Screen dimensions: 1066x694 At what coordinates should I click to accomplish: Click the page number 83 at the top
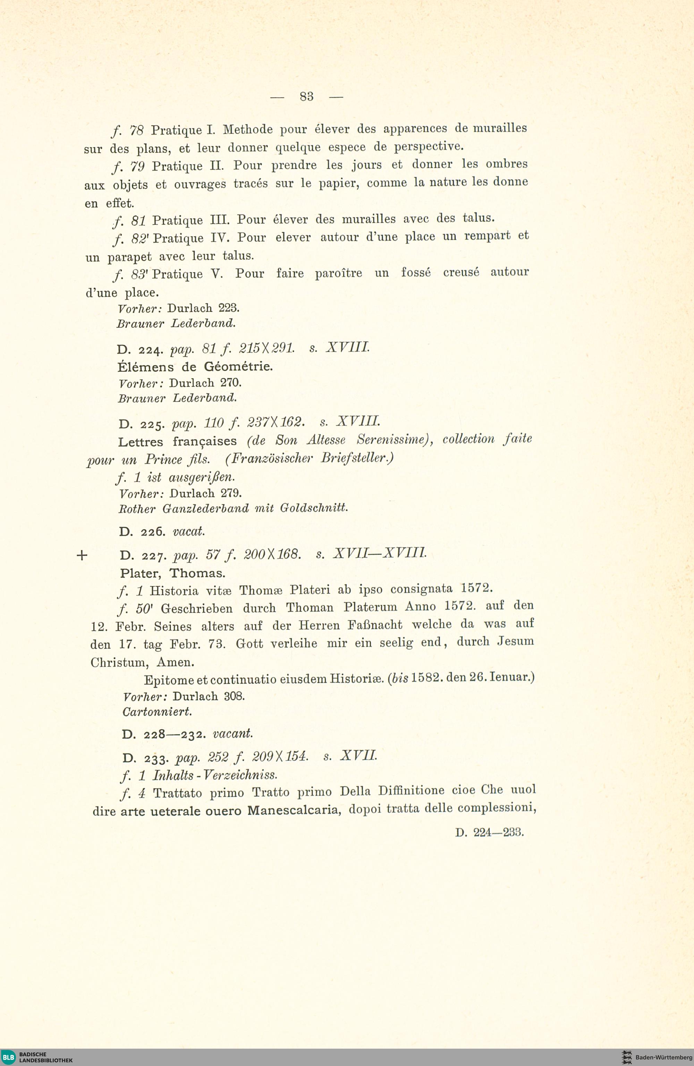click(x=306, y=96)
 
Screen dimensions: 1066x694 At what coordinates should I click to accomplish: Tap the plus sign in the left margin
click(x=82, y=556)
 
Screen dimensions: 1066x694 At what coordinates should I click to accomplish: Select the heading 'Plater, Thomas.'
click(x=172, y=573)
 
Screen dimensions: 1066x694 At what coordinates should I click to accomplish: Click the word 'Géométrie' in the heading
click(x=238, y=367)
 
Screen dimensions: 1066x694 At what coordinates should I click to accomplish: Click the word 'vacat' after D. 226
click(x=189, y=532)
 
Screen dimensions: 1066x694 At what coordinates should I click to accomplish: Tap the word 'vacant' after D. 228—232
click(x=232, y=734)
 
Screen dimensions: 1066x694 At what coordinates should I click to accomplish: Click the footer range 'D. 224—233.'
click(x=489, y=833)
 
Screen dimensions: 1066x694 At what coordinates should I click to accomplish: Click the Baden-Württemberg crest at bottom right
click(x=627, y=1057)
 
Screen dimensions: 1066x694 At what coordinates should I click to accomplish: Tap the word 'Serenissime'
click(x=395, y=440)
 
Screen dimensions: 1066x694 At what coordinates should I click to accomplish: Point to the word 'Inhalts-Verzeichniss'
click(x=215, y=775)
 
